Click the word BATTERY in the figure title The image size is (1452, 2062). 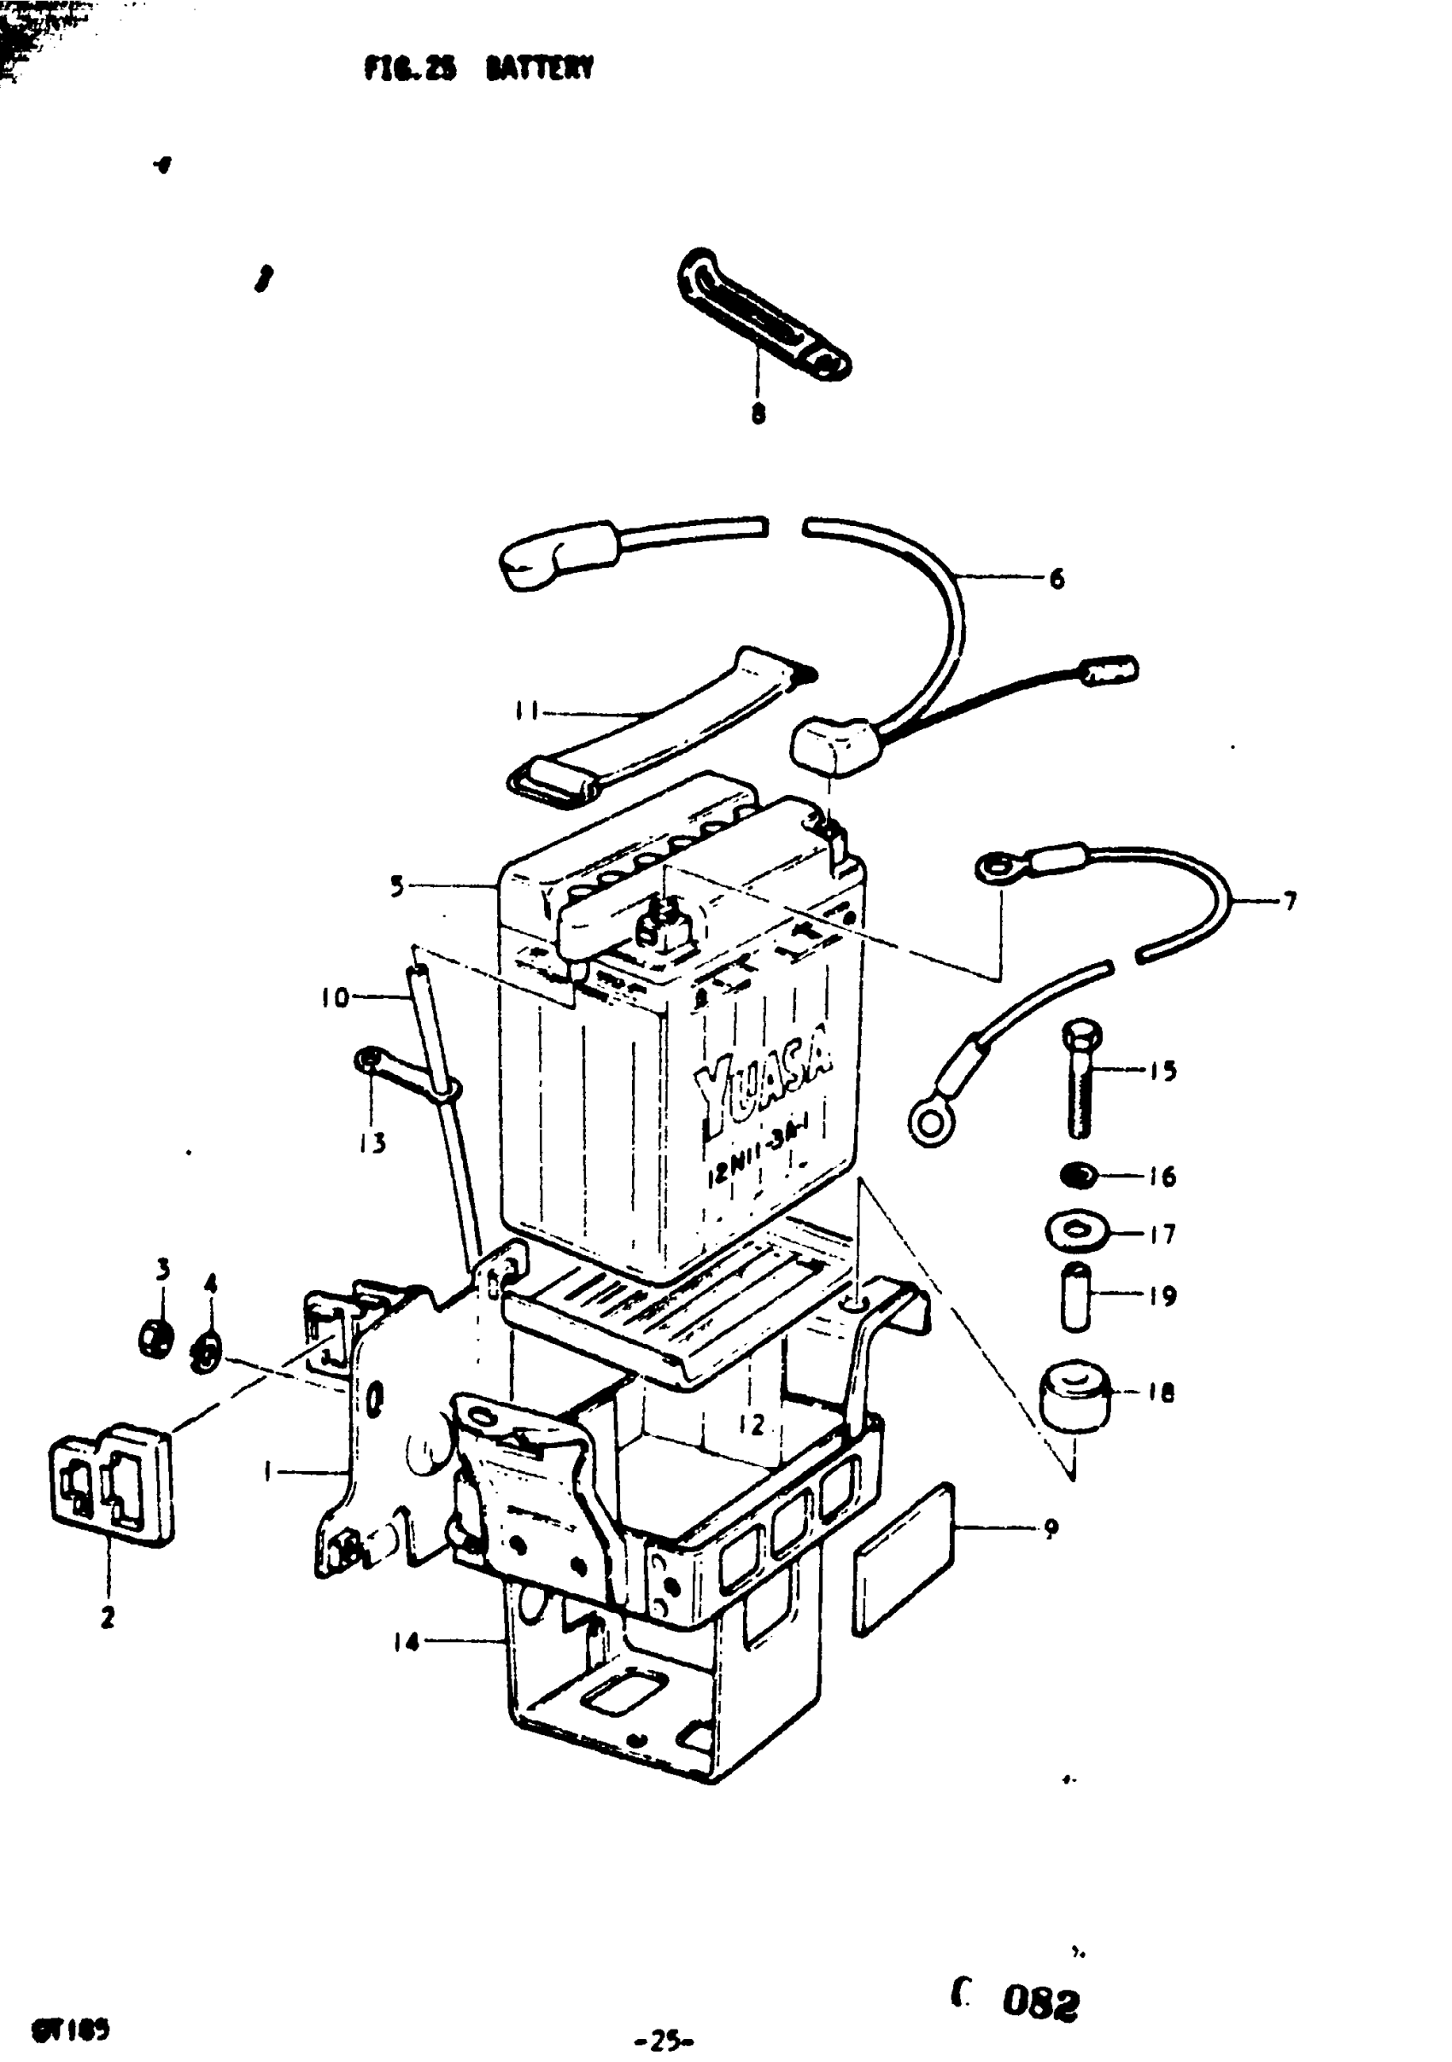click(x=539, y=69)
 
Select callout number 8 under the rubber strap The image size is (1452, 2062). click(x=758, y=414)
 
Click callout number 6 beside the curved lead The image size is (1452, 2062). click(x=1057, y=579)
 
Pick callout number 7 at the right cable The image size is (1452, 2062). click(x=1291, y=901)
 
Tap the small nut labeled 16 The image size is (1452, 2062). click(x=1077, y=1174)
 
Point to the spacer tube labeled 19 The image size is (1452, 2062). click(x=1074, y=1296)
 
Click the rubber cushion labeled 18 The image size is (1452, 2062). click(x=1074, y=1393)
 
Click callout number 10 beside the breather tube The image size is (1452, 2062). click(x=335, y=997)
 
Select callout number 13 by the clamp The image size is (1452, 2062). click(x=373, y=1143)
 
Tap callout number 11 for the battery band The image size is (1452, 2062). click(x=525, y=711)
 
